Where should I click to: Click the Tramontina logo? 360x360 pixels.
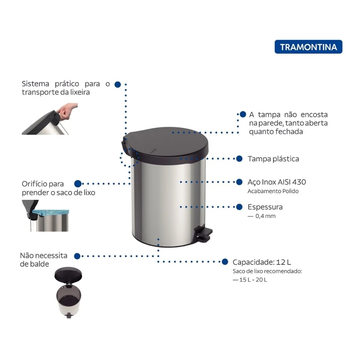tap(309, 47)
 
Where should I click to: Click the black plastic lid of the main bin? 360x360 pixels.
tap(165, 145)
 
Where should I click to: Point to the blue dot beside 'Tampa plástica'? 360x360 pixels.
tap(239, 159)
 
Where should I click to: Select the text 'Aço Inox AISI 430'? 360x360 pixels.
tap(276, 182)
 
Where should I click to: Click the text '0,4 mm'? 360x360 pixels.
tap(265, 216)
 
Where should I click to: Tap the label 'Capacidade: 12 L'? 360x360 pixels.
tap(262, 262)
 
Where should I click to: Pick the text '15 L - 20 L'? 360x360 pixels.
tap(253, 280)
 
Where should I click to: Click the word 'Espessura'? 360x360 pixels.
tap(265, 207)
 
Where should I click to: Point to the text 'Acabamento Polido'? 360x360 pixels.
tap(273, 191)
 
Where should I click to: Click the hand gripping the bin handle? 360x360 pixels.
tap(67, 111)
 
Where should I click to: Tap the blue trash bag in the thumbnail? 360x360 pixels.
tap(51, 212)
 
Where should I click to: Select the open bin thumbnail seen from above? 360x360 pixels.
tap(68, 292)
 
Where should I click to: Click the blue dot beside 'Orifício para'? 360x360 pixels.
tap(78, 184)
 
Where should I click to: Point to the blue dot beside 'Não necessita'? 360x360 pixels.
tap(77, 256)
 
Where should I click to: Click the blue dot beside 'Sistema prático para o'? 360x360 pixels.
tap(118, 85)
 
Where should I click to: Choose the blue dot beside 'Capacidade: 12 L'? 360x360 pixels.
tap(225, 262)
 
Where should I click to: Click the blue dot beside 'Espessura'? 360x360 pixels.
tap(239, 207)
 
